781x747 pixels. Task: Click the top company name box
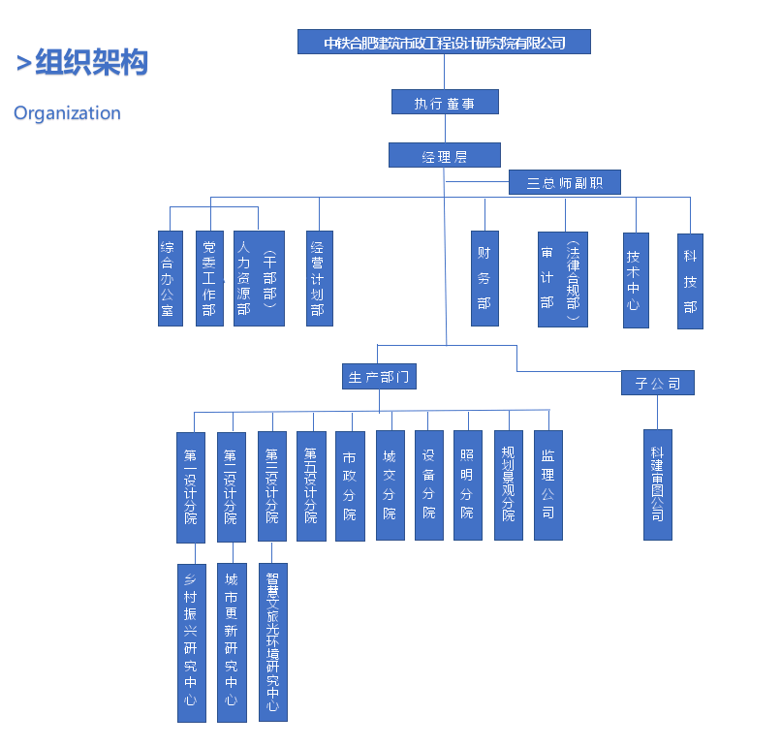(x=444, y=42)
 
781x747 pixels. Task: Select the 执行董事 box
(x=445, y=103)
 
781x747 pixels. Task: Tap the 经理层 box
(x=445, y=155)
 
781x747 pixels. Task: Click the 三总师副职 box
(x=564, y=182)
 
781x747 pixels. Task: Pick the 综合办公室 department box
(x=171, y=278)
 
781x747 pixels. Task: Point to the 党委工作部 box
(x=209, y=278)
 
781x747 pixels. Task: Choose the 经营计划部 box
(x=319, y=278)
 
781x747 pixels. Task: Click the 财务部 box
(x=484, y=278)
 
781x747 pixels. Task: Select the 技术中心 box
(x=636, y=279)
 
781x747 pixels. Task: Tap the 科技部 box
(x=690, y=280)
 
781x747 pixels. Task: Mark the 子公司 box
(x=658, y=383)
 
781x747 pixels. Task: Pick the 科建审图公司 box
(x=658, y=484)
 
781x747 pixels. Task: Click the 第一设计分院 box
(x=191, y=486)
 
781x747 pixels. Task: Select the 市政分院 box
(x=350, y=485)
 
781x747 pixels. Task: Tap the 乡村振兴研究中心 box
(x=192, y=642)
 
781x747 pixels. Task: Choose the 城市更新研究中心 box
(x=232, y=642)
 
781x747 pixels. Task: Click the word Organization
(x=67, y=113)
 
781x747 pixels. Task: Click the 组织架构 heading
(x=91, y=63)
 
